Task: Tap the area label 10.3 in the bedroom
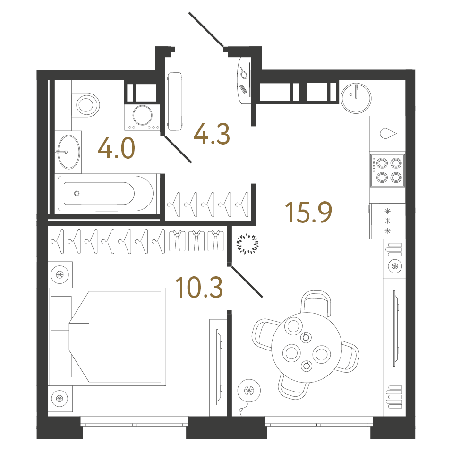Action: point(198,287)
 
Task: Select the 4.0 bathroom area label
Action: point(116,148)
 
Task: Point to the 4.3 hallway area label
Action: point(212,134)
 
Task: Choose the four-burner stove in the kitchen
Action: point(388,171)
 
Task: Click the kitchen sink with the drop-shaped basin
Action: point(388,134)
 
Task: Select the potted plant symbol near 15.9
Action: point(247,244)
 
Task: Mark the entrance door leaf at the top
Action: point(206,30)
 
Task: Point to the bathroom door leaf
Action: point(178,149)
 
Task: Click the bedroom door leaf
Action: point(246,282)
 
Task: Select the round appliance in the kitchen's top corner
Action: point(356,97)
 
